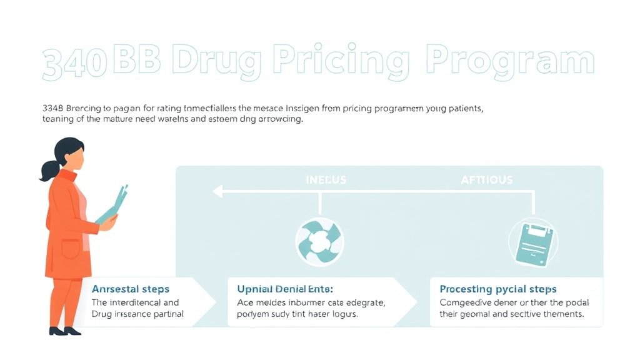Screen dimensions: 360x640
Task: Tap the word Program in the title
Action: (509, 63)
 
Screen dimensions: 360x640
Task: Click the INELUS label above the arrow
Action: (325, 180)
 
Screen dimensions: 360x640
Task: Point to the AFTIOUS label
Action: (486, 180)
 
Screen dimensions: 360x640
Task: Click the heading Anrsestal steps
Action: (130, 289)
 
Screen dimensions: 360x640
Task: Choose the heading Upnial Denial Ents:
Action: (285, 289)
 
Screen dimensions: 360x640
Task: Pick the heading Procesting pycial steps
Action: (498, 289)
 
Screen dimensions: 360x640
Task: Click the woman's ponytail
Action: (49, 169)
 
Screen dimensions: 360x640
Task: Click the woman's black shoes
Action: (66, 330)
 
